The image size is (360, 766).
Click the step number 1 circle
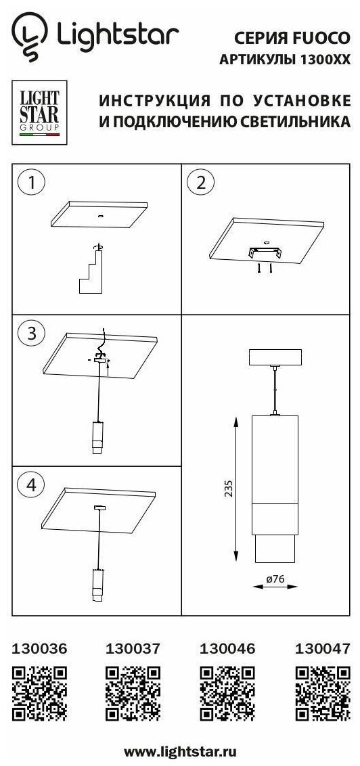(32, 183)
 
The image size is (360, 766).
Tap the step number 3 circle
(32, 334)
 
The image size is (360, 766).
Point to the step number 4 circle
(32, 485)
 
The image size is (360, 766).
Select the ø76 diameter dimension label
(275, 579)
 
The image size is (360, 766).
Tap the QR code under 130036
(39, 693)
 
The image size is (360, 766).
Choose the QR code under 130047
(323, 693)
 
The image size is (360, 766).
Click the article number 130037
(133, 648)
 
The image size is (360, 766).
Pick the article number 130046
(227, 648)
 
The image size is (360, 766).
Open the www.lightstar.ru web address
(180, 751)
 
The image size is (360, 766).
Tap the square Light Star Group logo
(39, 112)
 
